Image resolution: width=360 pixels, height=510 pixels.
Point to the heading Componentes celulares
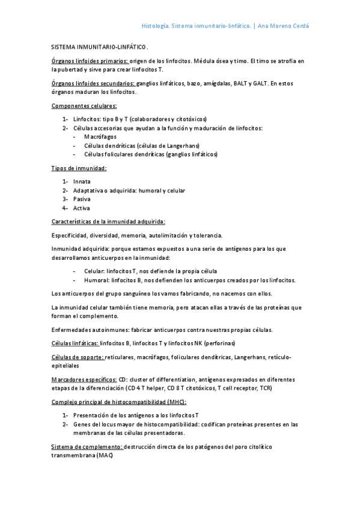[x=84, y=106]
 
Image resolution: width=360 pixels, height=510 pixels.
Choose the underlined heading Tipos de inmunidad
[x=79, y=168]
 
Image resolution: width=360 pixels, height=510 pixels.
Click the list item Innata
[x=82, y=182]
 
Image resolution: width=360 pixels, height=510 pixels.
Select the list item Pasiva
[x=82, y=199]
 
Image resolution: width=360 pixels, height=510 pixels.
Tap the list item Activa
[x=82, y=208]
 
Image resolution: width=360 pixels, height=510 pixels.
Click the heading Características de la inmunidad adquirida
[x=108, y=221]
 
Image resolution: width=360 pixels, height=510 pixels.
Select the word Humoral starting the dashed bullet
[x=96, y=280]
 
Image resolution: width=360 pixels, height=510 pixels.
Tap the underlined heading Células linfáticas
[x=75, y=343]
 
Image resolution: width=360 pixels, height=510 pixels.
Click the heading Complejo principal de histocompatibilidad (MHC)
[x=118, y=402]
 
